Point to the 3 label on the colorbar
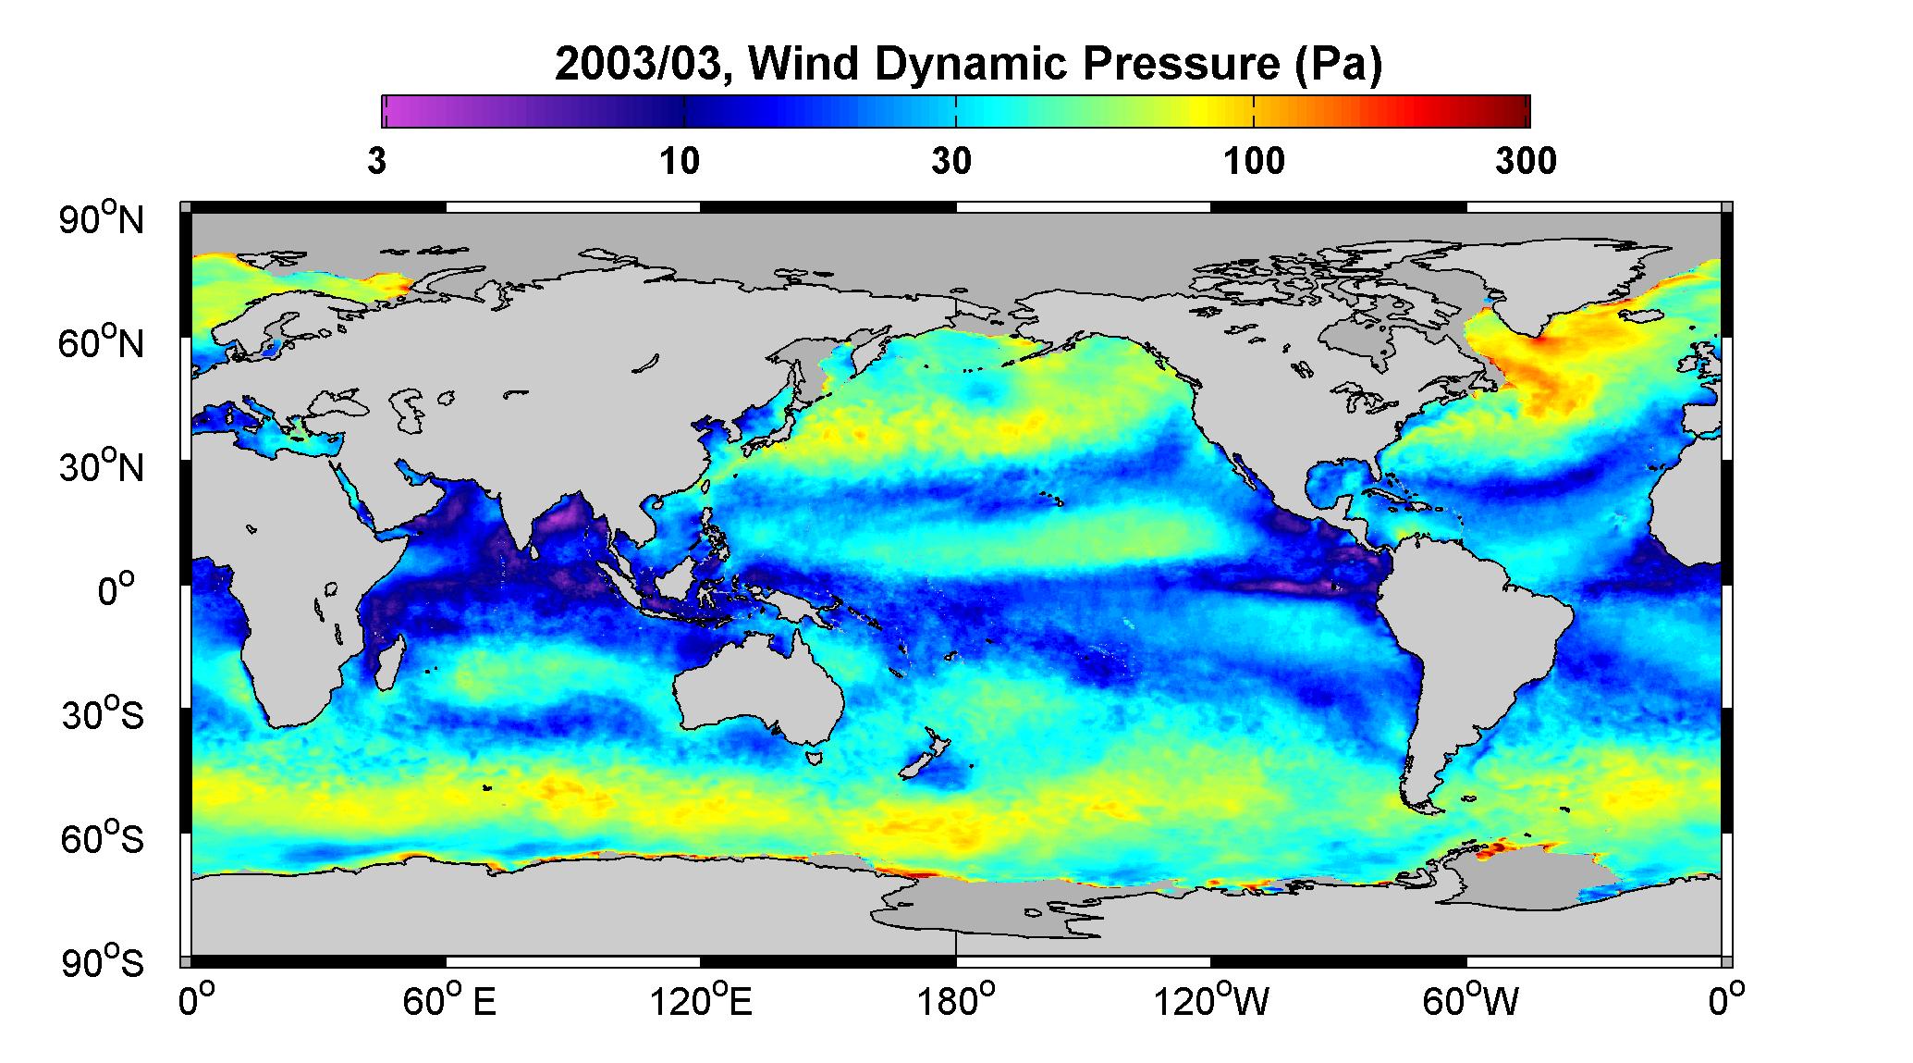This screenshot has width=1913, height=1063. click(x=376, y=162)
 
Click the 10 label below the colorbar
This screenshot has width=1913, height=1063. click(x=680, y=162)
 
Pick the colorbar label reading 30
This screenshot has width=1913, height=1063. click(x=952, y=162)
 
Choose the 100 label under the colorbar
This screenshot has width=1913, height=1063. click(x=1255, y=162)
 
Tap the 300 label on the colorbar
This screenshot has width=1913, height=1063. click(x=1527, y=162)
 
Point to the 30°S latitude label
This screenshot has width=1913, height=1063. click(x=103, y=714)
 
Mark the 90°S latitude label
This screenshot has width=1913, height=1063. click(x=103, y=962)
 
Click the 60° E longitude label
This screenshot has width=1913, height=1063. click(x=449, y=1002)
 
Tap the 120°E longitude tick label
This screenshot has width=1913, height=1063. click(x=702, y=1002)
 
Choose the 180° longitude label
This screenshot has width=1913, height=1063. click(x=955, y=1002)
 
